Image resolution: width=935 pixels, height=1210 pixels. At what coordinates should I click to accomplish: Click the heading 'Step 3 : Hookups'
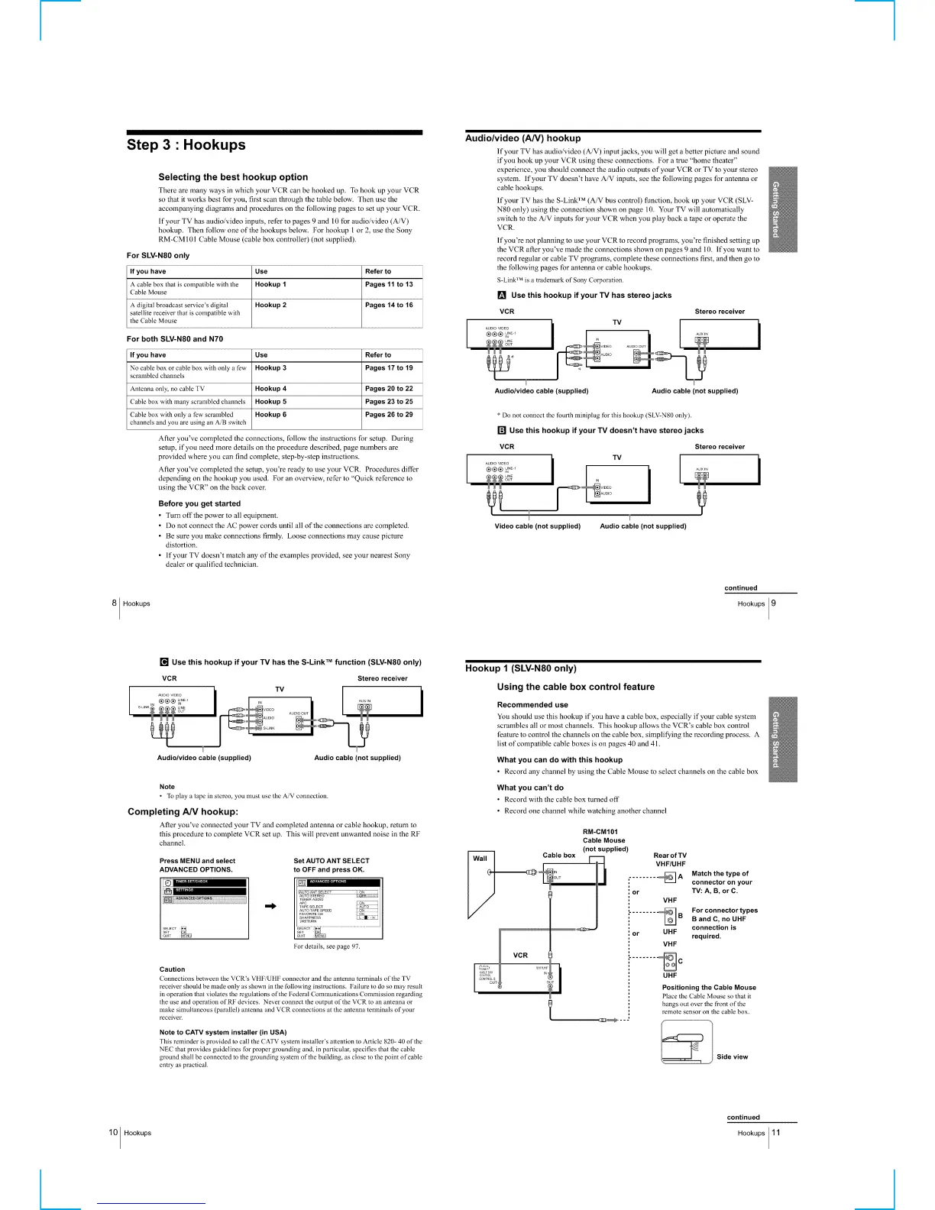click(186, 145)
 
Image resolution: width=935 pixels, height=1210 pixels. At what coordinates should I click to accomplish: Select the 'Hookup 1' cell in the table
click(271, 284)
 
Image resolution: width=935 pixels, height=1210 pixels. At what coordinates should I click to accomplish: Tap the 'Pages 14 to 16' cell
click(389, 305)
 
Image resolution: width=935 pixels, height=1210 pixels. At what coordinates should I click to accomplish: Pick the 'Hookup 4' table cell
click(271, 389)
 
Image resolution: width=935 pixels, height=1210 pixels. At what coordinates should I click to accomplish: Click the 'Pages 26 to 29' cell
click(389, 415)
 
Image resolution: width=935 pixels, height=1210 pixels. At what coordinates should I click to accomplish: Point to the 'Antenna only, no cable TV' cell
click(167, 389)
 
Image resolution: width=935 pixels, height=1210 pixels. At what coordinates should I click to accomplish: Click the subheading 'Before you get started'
click(199, 503)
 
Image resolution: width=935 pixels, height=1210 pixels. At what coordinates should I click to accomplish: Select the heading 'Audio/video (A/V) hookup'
click(523, 138)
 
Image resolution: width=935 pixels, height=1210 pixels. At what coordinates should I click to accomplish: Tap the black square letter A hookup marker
click(502, 296)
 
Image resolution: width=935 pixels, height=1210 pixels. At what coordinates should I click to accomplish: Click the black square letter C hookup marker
click(163, 662)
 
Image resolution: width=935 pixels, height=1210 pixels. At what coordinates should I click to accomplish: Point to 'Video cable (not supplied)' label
click(538, 526)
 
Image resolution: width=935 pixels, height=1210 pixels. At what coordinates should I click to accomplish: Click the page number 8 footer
click(115, 603)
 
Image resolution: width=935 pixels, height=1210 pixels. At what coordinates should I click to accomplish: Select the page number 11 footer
click(776, 1133)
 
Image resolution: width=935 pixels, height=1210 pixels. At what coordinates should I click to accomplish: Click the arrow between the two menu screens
click(270, 907)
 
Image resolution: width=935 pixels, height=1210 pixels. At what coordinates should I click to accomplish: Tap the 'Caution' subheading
click(172, 969)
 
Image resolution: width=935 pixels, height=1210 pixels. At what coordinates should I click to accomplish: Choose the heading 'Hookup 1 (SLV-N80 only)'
click(521, 668)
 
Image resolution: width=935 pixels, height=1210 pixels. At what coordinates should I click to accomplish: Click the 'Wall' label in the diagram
click(480, 858)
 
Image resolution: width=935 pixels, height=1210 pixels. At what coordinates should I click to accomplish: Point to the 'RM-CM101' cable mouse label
click(600, 831)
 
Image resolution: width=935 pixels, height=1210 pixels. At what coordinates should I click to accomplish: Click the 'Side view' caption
click(732, 1056)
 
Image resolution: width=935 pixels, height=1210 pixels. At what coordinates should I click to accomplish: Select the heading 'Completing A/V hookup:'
click(183, 811)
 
